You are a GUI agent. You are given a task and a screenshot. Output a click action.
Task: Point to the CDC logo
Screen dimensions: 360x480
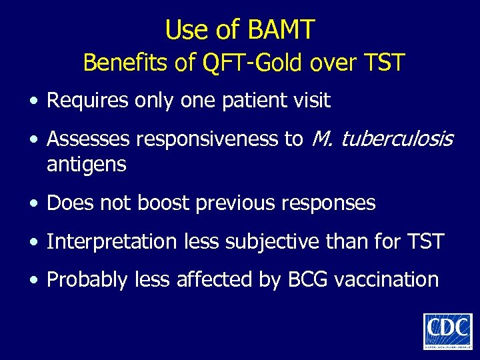447,331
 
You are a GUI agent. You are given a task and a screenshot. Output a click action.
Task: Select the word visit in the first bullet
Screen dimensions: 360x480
311,101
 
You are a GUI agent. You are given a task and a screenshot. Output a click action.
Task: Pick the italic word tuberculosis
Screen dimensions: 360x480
399,139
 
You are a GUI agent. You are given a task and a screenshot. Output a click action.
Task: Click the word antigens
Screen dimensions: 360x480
86,165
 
